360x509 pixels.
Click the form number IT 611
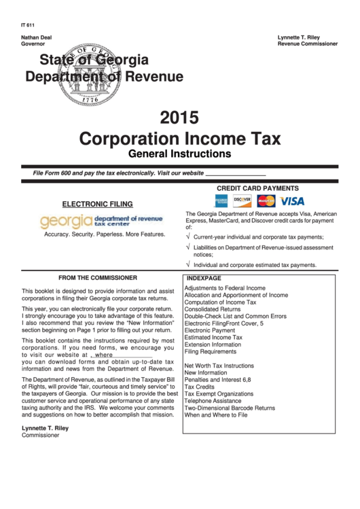click(x=28, y=25)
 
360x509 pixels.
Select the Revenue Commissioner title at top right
click(x=308, y=43)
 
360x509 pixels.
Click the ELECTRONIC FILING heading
click(x=98, y=204)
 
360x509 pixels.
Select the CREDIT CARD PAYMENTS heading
click(x=257, y=188)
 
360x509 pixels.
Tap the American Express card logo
click(x=221, y=201)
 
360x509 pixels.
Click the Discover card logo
click(x=242, y=200)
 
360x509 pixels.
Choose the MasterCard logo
click(x=266, y=201)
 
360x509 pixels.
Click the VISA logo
click(x=293, y=201)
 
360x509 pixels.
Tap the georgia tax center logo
click(x=102, y=220)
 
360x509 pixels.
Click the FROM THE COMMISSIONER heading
click(x=98, y=278)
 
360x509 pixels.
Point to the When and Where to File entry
click(x=216, y=415)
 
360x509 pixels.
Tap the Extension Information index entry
click(x=213, y=345)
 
